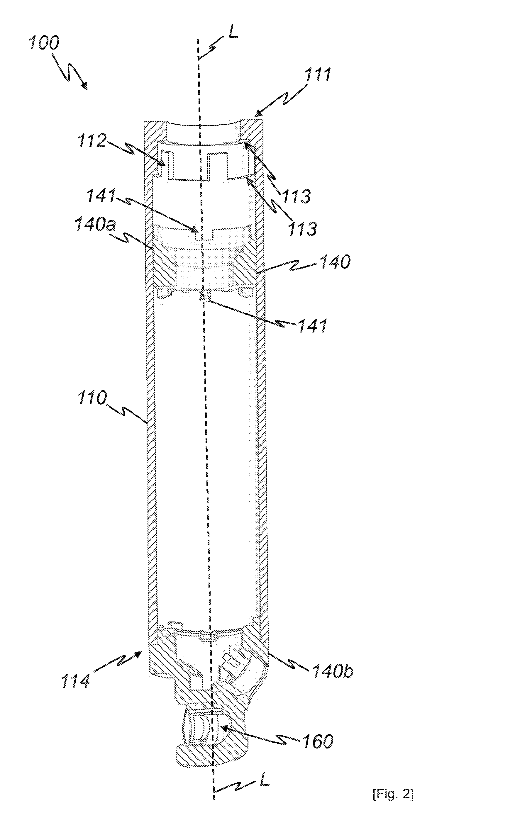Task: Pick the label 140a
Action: (95, 225)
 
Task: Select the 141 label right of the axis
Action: (313, 325)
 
